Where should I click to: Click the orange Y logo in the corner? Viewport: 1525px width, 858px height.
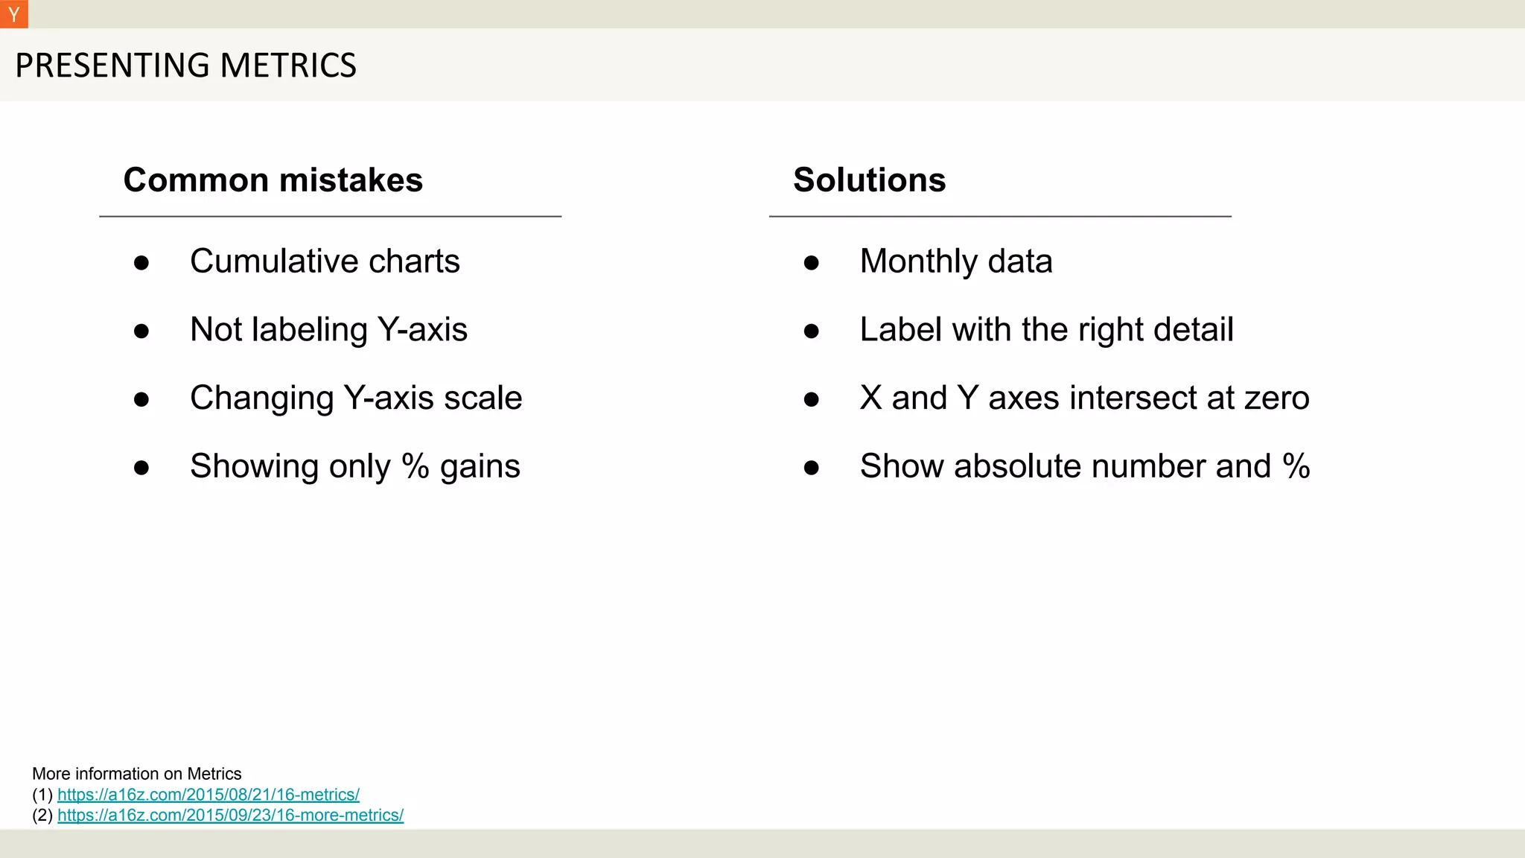(13, 14)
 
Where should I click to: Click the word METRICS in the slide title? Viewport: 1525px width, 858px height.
(288, 66)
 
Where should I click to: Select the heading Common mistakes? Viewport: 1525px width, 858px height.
(273, 180)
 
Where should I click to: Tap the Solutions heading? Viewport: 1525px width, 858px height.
(869, 180)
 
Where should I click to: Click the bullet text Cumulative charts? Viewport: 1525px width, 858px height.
(325, 261)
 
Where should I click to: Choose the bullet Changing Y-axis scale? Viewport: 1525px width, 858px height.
(356, 398)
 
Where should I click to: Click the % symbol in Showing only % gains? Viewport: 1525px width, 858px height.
(415, 466)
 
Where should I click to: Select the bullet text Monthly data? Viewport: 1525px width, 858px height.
(956, 261)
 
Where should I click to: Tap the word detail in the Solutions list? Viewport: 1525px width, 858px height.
(1194, 329)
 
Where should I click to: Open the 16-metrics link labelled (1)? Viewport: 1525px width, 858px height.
(208, 795)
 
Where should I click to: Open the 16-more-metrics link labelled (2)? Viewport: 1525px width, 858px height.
(230, 815)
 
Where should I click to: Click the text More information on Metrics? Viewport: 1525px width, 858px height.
(137, 774)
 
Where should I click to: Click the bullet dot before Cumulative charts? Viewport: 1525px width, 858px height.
(141, 263)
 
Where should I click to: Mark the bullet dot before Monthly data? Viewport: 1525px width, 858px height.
(812, 263)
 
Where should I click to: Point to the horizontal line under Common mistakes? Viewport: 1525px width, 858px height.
(330, 217)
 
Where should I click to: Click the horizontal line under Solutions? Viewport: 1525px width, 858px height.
(1000, 217)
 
